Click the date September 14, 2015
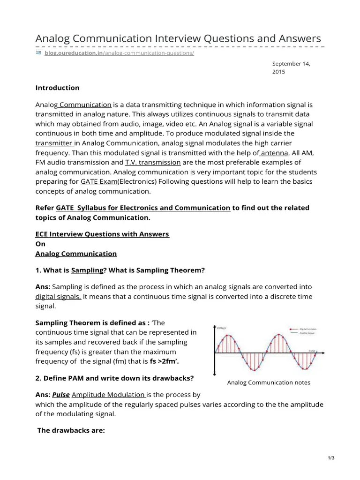[x=291, y=67]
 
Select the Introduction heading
[x=57, y=88]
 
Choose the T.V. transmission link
[x=153, y=162]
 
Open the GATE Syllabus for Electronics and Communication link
[x=143, y=208]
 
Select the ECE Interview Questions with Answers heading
[x=102, y=233]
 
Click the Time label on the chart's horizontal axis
[x=312, y=350]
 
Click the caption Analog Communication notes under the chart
[x=268, y=382]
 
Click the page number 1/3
[x=330, y=458]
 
